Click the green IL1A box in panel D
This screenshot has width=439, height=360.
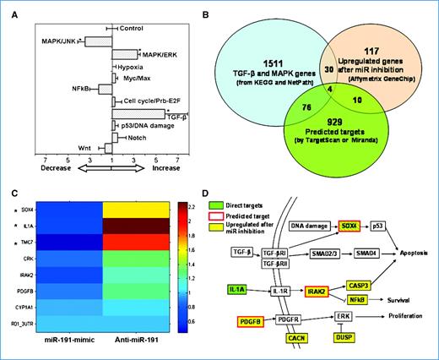pos(236,289)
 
